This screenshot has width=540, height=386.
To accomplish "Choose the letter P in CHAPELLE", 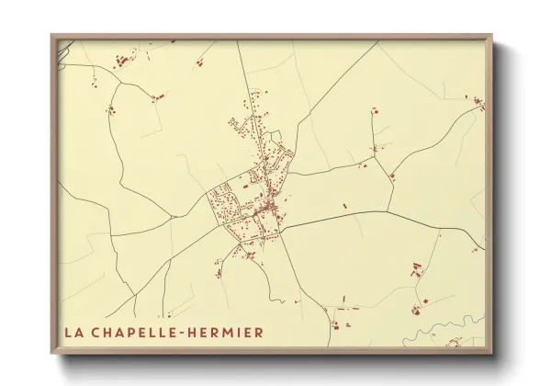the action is (x=126, y=329).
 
